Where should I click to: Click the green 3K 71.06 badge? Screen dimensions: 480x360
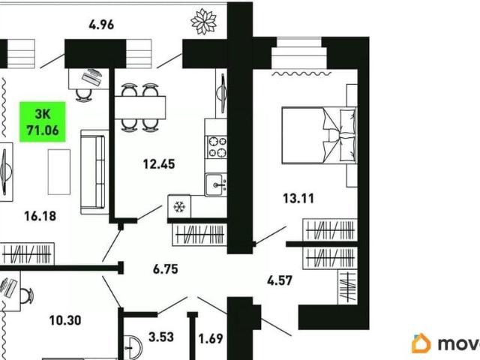coord(43,121)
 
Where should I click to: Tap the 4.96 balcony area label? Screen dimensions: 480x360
coord(101,25)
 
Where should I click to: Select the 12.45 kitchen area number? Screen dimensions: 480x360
coord(159,164)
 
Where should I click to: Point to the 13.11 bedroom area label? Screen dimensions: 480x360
coord(298,198)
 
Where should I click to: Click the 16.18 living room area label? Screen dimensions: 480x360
coord(40,216)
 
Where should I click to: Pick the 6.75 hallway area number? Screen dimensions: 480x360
coord(165,269)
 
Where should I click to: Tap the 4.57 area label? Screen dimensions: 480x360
coord(280,280)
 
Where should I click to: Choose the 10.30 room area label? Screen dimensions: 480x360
coord(65,320)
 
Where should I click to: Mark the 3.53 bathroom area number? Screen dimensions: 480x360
coord(161,337)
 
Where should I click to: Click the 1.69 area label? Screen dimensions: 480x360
coord(211,339)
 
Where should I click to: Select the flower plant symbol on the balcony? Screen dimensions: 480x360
coord(203,22)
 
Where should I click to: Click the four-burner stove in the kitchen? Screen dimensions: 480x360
coord(217,147)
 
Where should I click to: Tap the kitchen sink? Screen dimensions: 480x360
coord(216,184)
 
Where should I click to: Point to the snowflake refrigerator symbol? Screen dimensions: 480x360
coord(179,207)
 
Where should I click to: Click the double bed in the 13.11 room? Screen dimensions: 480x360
coord(319,135)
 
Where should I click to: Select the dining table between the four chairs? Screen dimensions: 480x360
coord(140,107)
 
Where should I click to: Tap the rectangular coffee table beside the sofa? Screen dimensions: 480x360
coord(59,172)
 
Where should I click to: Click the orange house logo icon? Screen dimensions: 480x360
coord(421,343)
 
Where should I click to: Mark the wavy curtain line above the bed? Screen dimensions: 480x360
coord(301,73)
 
